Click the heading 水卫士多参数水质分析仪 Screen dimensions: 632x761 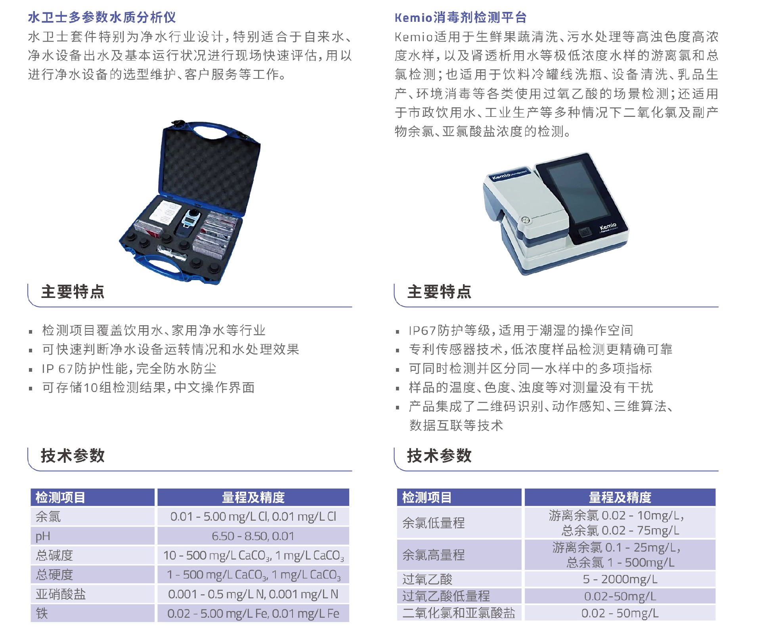[x=102, y=17]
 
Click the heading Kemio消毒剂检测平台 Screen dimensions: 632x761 [x=461, y=17]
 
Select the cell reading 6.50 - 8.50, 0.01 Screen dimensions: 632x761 [x=253, y=536]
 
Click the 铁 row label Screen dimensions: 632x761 [x=42, y=613]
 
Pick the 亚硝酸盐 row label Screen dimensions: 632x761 [x=61, y=594]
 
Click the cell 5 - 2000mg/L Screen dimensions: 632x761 [x=620, y=579]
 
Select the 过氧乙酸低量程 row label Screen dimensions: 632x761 [x=446, y=596]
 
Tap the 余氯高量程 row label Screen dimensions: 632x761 [x=433, y=555]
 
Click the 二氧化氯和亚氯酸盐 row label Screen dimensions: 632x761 [x=459, y=613]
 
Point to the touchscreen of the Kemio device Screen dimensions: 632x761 [x=577, y=194]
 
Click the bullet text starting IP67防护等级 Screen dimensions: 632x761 [x=520, y=330]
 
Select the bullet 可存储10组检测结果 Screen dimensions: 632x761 [x=148, y=387]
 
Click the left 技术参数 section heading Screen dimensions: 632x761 [x=73, y=456]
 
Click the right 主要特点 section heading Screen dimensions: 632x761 [x=439, y=292]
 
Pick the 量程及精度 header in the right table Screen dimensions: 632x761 [x=620, y=497]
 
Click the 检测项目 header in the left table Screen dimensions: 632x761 [x=60, y=497]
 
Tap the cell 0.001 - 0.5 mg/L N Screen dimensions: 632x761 [x=253, y=594]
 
